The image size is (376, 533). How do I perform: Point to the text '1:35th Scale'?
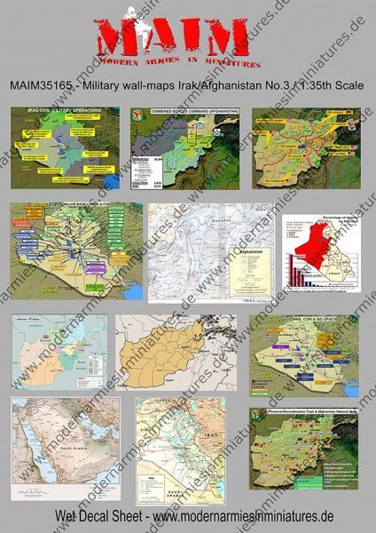pos(326,85)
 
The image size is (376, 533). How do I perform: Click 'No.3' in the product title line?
pos(268,85)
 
